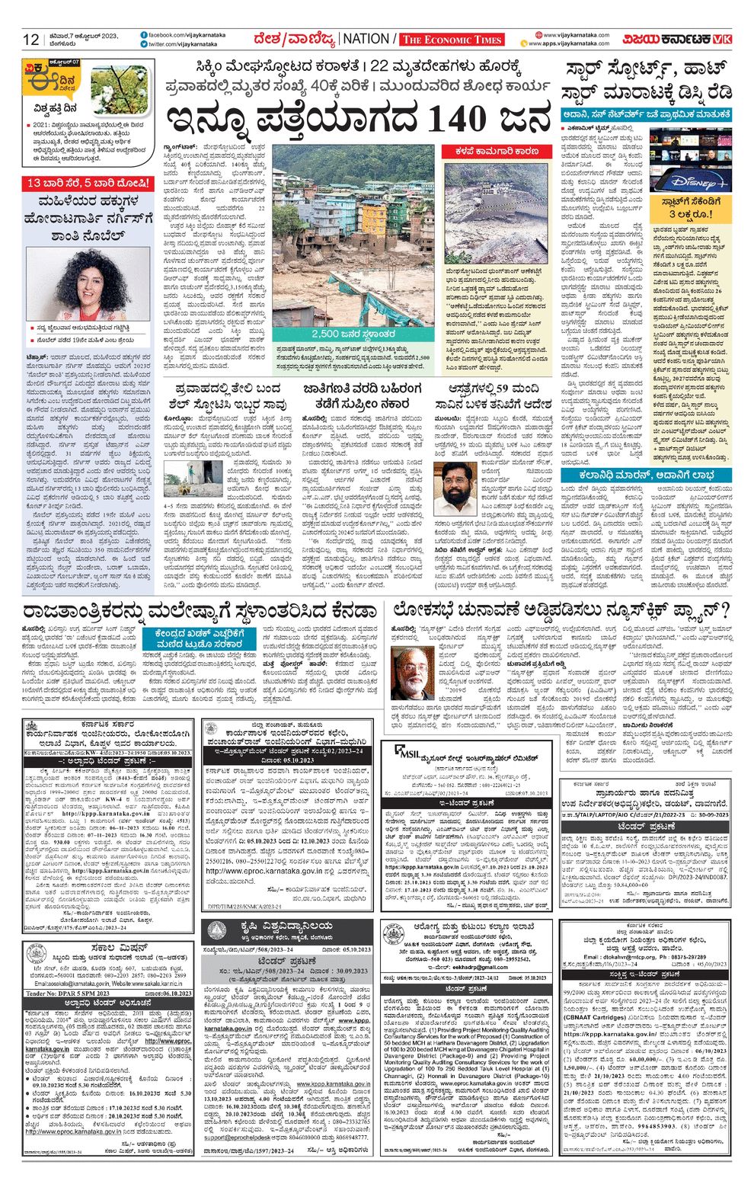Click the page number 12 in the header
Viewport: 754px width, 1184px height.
30,40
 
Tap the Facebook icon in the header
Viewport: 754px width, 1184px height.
144,35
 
